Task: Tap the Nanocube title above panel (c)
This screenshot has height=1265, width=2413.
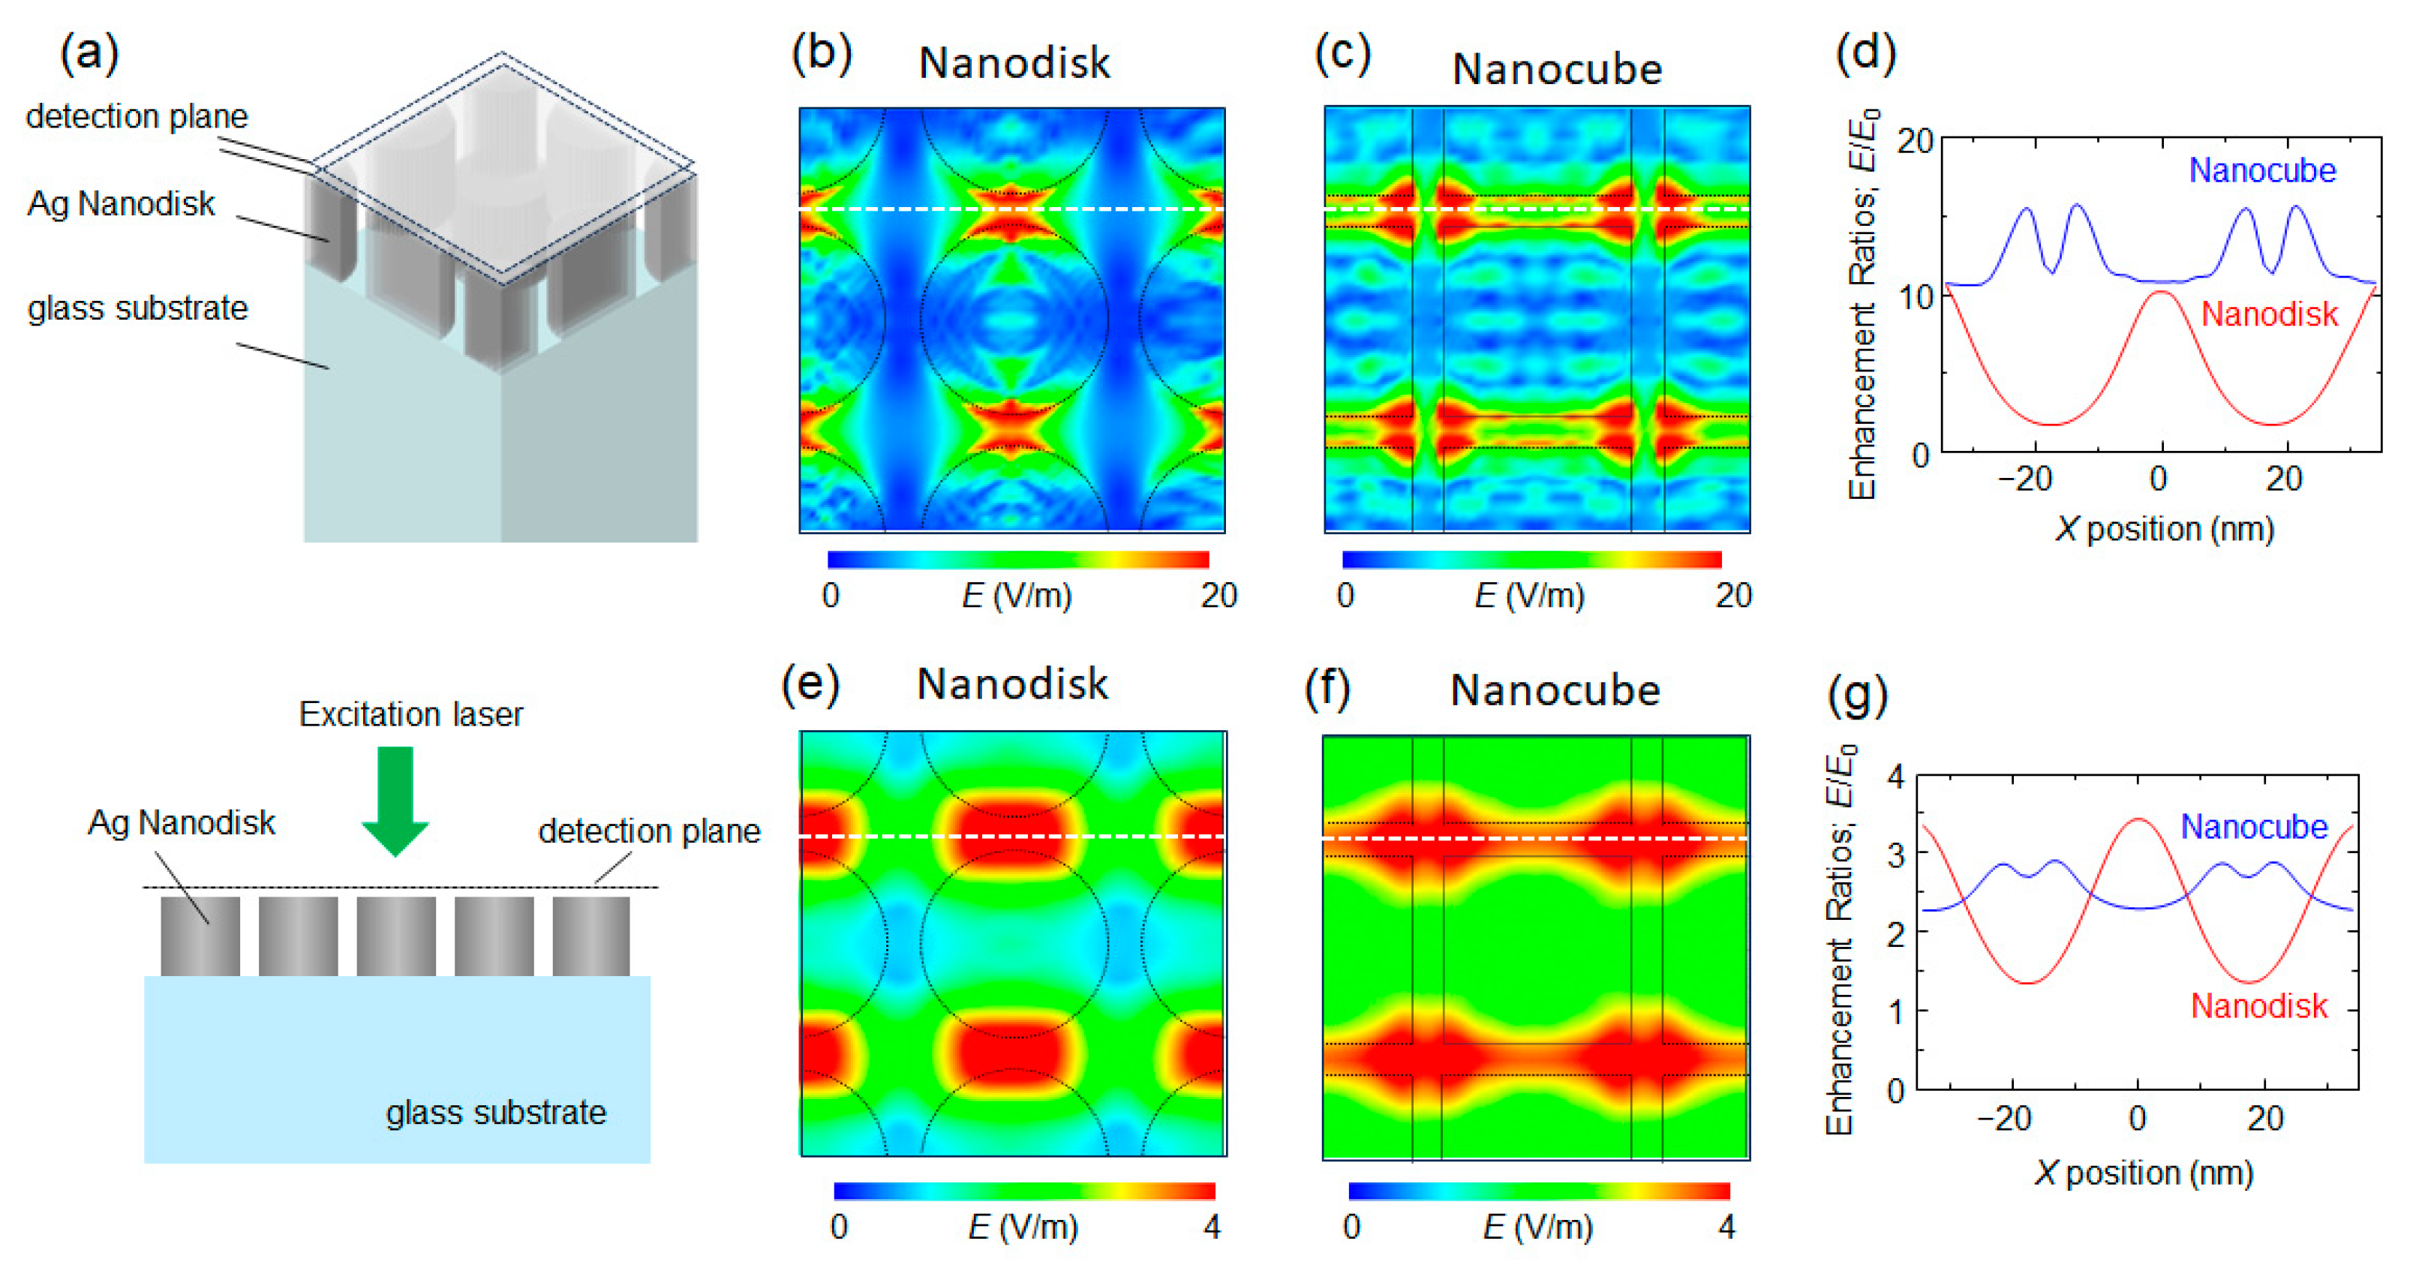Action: pos(1557,69)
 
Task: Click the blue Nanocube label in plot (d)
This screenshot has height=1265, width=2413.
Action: pos(2261,170)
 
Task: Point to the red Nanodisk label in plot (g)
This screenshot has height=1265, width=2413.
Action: pos(2258,1005)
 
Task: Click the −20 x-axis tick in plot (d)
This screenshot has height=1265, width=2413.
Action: pos(2024,479)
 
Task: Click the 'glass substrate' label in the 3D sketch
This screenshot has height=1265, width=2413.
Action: pos(138,308)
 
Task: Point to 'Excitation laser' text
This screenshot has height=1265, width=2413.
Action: pos(410,714)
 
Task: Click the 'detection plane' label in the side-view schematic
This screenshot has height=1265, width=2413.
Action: pos(649,831)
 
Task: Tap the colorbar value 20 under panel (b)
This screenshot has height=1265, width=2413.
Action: pos(1219,595)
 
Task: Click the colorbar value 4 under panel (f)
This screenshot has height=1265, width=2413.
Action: pos(1726,1226)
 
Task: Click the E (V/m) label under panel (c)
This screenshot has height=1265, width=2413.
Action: pos(1528,595)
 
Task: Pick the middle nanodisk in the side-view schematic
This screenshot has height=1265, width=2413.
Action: pos(395,935)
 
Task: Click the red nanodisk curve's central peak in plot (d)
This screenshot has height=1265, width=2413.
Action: pos(2161,293)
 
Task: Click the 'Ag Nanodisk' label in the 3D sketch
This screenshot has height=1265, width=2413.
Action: pos(121,203)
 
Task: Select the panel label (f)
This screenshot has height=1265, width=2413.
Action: pos(1327,689)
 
